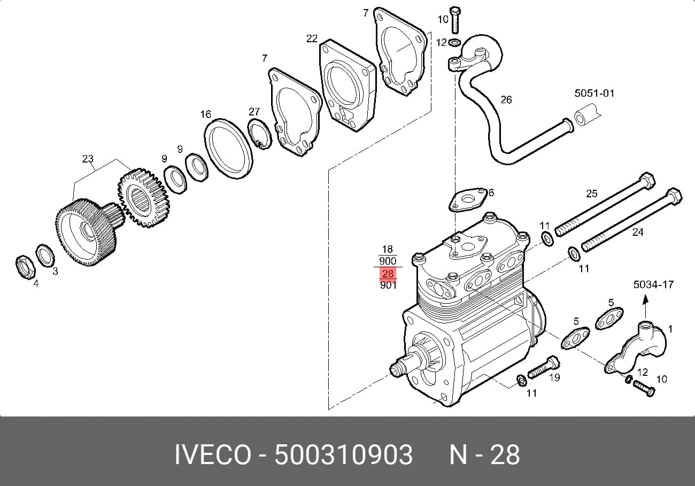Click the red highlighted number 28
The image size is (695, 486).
coord(388,273)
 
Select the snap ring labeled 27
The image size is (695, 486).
coord(260,134)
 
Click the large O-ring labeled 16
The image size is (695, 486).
coord(229,149)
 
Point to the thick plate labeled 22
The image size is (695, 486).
coord(347,86)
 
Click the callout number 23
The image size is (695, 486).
coord(88,159)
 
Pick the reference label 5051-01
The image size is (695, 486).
coord(594,93)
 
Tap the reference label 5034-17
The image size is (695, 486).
coord(653,284)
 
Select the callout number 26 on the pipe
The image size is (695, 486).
coord(506,99)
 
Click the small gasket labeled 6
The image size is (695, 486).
coord(467,199)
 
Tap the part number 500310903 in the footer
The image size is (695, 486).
coord(343,455)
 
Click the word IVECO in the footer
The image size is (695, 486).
coord(213,455)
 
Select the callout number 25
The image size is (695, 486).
coord(591,194)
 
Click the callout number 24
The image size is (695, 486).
coord(637,232)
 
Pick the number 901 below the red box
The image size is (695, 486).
coord(388,285)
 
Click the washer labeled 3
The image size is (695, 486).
coord(45,257)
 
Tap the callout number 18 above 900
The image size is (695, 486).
coord(388,249)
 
